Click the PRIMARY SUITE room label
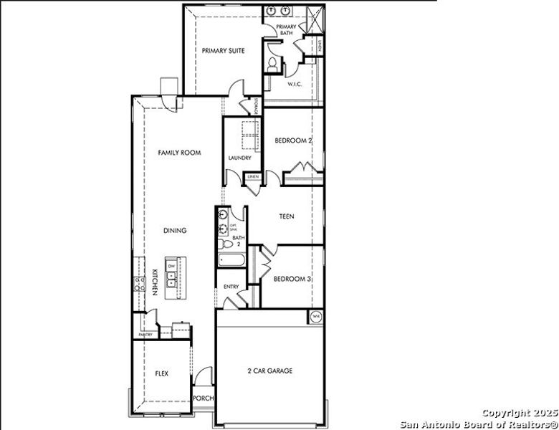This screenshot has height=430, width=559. [223, 51]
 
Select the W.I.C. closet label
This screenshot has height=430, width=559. [295, 84]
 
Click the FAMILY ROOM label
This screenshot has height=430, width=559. [179, 153]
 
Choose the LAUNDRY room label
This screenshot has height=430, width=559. [239, 158]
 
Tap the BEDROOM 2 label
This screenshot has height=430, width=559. [293, 141]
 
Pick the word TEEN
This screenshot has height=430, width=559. [286, 216]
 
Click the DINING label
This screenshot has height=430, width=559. [175, 231]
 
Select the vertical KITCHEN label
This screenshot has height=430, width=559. [154, 282]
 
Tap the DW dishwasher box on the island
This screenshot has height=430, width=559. [171, 267]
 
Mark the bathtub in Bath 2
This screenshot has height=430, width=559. [231, 260]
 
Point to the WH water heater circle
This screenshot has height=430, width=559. [316, 315]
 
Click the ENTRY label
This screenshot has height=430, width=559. [231, 287]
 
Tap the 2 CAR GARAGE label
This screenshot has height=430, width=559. [269, 371]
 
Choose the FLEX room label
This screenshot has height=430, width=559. [161, 373]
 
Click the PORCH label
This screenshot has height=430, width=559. [204, 398]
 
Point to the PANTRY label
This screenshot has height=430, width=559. [145, 335]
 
